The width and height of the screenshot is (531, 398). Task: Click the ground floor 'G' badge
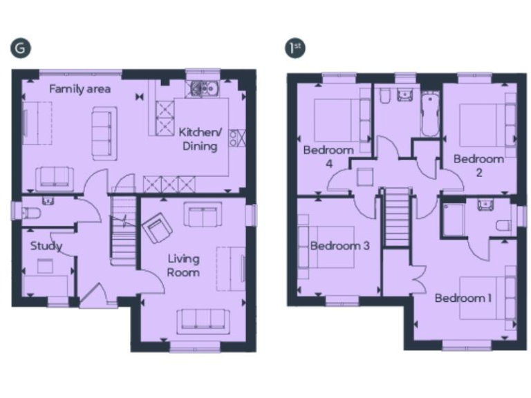21,48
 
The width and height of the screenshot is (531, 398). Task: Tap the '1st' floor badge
295,48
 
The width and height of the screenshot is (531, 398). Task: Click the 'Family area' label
80,89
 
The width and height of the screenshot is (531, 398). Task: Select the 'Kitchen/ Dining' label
200,139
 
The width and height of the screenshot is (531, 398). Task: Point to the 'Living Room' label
184,265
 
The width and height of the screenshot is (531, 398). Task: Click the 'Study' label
46,246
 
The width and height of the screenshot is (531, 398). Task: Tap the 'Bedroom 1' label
463,298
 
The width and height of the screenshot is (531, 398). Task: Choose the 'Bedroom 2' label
478,165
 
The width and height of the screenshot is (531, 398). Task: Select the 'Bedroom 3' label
339,246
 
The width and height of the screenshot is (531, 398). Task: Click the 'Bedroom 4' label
328,156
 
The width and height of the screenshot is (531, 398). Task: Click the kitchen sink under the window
205,88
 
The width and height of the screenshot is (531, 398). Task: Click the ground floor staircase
123,228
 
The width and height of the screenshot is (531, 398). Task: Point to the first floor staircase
397,217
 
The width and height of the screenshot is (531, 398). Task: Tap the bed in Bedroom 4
337,120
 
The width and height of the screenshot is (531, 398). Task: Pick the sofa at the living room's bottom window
203,321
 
